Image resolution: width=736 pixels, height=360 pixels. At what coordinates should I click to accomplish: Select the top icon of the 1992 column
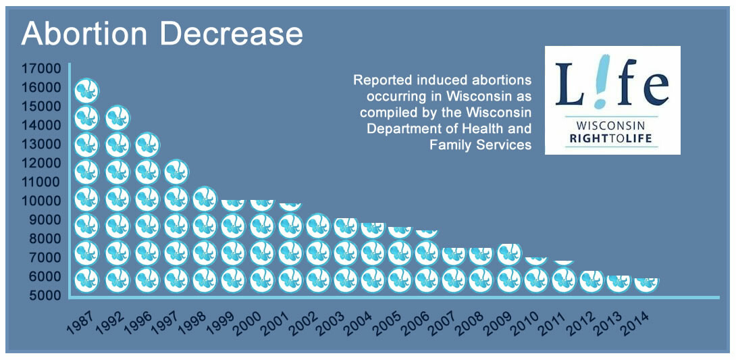click(117, 118)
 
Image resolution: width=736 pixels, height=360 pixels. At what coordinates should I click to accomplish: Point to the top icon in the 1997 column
click(176, 172)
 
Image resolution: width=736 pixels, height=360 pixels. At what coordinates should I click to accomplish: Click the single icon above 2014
click(646, 283)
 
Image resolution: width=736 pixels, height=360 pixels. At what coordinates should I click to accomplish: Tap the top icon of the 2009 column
click(509, 254)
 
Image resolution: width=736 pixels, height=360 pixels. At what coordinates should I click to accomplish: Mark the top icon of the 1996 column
click(147, 145)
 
